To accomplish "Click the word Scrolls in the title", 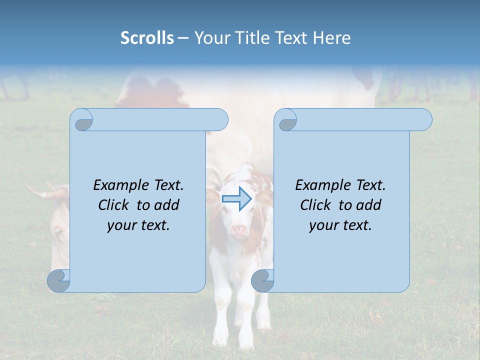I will tap(147, 38).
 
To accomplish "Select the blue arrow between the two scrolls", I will tap(237, 199).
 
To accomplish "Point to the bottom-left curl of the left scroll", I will tap(59, 280).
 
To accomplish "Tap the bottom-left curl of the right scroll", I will tap(262, 280).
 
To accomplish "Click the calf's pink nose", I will tap(239, 230).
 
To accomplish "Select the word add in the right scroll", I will tap(369, 205).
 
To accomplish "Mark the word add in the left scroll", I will tap(167, 205).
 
